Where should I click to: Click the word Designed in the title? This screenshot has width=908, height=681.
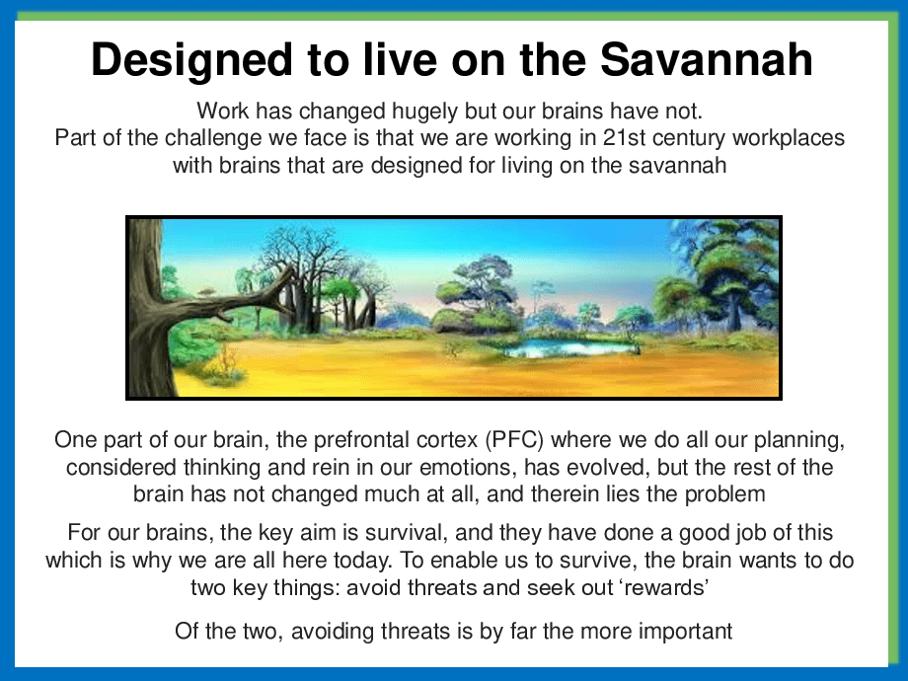(191, 60)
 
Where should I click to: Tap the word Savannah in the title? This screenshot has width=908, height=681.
(707, 59)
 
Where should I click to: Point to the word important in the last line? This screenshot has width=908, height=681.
(685, 632)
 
